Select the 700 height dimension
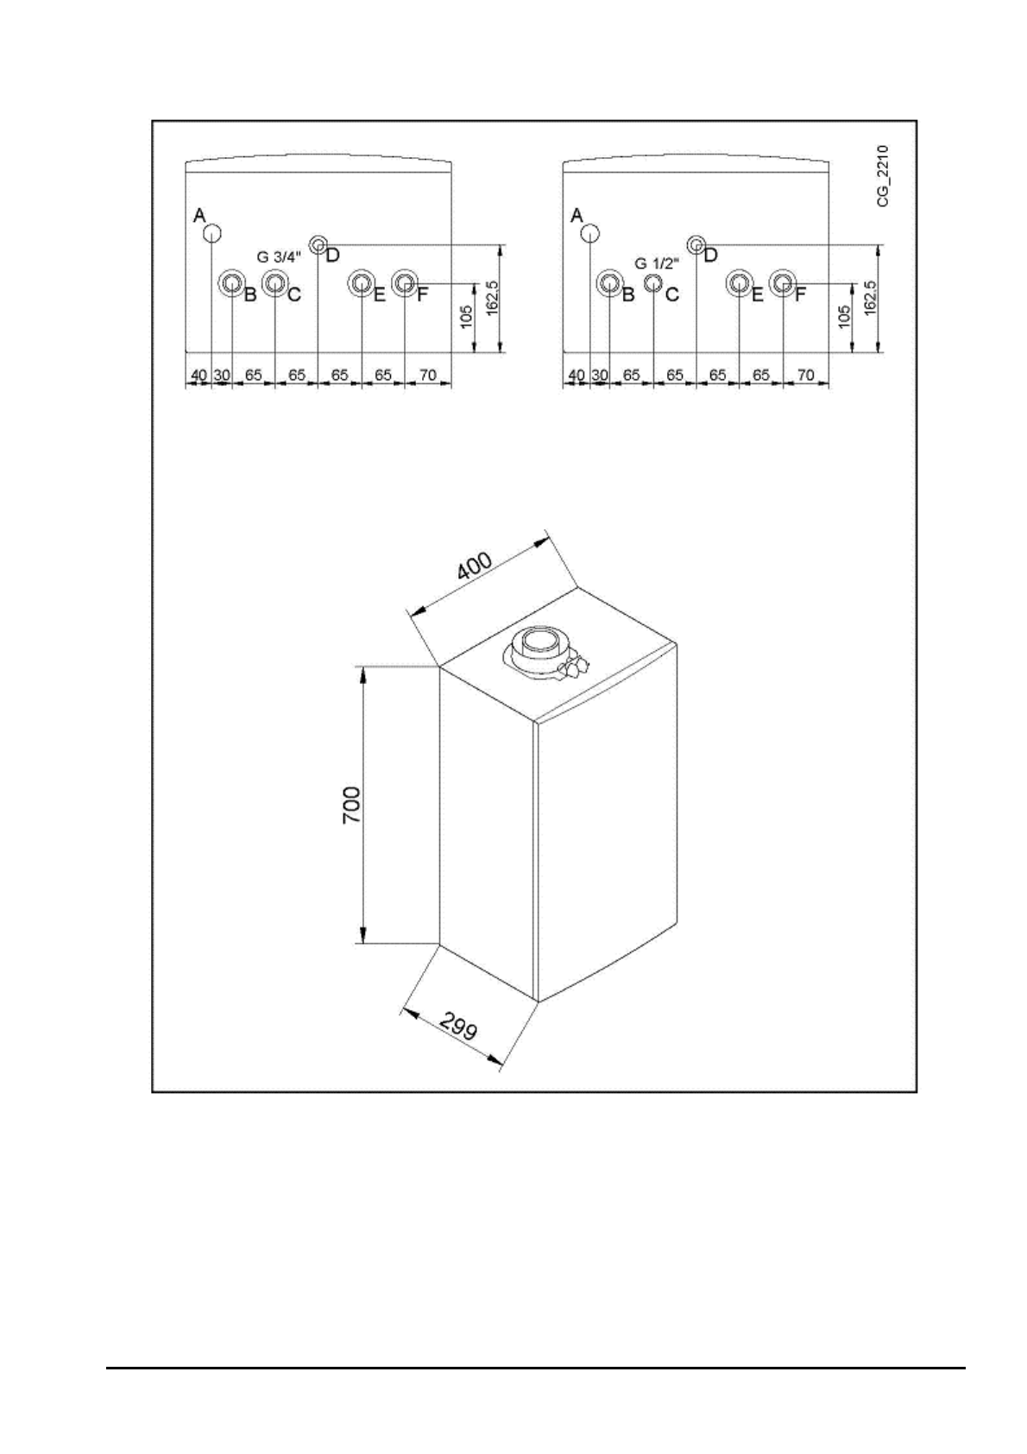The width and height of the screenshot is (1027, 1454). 352,805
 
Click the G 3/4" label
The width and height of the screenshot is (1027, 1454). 280,256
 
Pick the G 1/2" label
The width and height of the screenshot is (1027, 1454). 657,262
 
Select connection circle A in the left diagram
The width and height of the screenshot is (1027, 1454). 212,234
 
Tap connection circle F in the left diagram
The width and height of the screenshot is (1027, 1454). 404,282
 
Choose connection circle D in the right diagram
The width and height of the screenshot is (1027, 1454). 696,243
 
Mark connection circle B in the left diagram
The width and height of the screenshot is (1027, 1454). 231,282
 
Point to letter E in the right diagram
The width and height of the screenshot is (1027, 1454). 757,294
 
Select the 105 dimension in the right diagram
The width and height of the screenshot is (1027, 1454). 845,317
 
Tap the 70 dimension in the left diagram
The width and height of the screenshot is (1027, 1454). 426,376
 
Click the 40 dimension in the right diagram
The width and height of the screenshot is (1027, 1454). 577,376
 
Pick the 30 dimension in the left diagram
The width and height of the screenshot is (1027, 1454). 222,376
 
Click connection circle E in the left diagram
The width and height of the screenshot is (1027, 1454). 361,282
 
